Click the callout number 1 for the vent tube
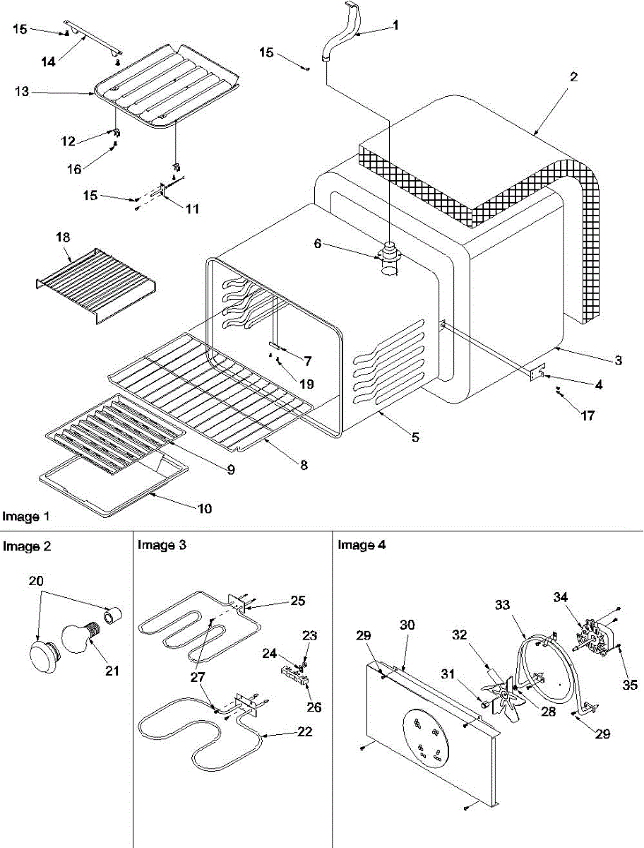click(395, 25)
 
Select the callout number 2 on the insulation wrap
click(573, 78)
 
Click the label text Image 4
click(361, 545)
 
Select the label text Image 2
click(26, 546)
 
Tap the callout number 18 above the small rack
click(63, 238)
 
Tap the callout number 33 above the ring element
click(502, 606)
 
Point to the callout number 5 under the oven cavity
click(416, 438)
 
